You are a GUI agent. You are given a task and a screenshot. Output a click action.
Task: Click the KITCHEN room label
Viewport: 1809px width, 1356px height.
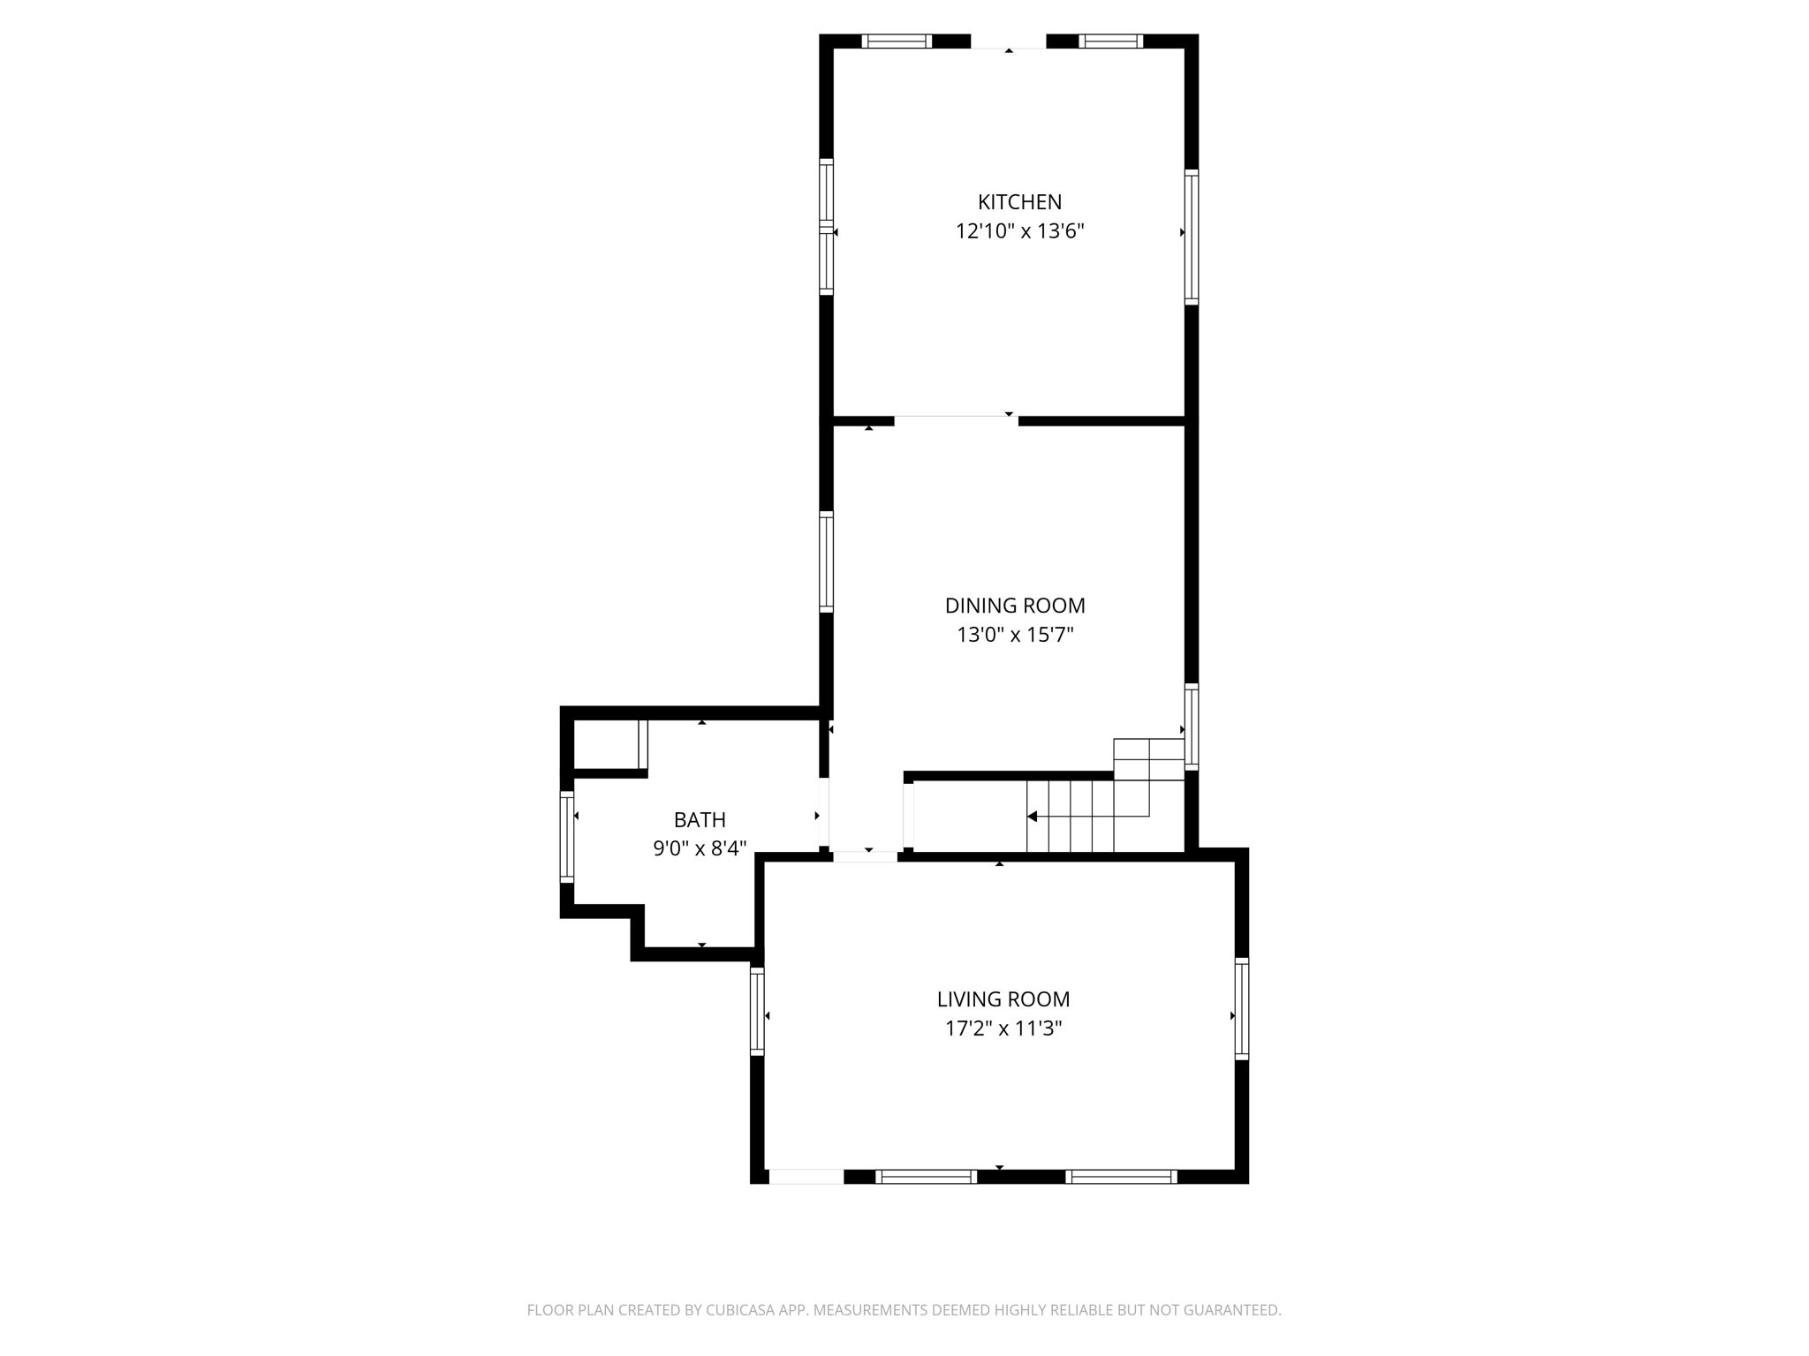tap(1019, 202)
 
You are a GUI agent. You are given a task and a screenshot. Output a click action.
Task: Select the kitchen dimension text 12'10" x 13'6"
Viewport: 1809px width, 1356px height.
tap(1019, 232)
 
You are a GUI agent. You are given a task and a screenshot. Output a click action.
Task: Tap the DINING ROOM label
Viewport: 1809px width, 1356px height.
tap(1015, 606)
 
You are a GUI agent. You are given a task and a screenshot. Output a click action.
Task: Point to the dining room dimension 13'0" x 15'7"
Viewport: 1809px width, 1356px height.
tap(1015, 635)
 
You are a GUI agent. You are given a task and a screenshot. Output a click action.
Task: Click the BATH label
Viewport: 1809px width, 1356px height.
tap(700, 820)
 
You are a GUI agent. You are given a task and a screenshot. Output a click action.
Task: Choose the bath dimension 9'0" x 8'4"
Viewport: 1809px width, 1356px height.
tap(700, 849)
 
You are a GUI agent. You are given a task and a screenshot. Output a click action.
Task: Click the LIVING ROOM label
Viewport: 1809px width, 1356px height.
tap(1003, 999)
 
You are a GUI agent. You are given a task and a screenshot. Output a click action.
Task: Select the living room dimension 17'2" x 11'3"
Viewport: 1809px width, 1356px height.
tap(1003, 1028)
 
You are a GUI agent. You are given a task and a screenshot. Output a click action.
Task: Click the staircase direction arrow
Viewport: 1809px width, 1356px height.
tap(1033, 817)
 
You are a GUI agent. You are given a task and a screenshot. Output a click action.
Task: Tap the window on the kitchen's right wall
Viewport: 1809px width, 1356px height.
tap(1192, 237)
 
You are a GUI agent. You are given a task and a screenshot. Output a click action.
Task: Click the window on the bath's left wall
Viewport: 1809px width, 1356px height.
tap(567, 836)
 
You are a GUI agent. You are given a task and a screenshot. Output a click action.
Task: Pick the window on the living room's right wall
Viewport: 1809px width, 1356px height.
tap(1242, 1008)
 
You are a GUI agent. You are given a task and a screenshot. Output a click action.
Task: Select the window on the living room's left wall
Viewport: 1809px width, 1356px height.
tap(757, 1011)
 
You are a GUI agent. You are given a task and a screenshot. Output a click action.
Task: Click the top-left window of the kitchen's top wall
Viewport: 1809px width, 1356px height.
tap(897, 41)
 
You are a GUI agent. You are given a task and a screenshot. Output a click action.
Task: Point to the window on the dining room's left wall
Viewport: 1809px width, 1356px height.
tap(826, 561)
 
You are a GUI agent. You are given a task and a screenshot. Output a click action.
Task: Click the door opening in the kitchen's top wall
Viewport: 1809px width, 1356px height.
tap(1009, 42)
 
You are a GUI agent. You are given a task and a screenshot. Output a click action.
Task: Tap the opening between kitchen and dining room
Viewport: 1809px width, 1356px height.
tap(956, 420)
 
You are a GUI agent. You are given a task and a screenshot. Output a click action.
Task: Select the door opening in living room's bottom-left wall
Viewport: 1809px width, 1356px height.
tap(806, 1176)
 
